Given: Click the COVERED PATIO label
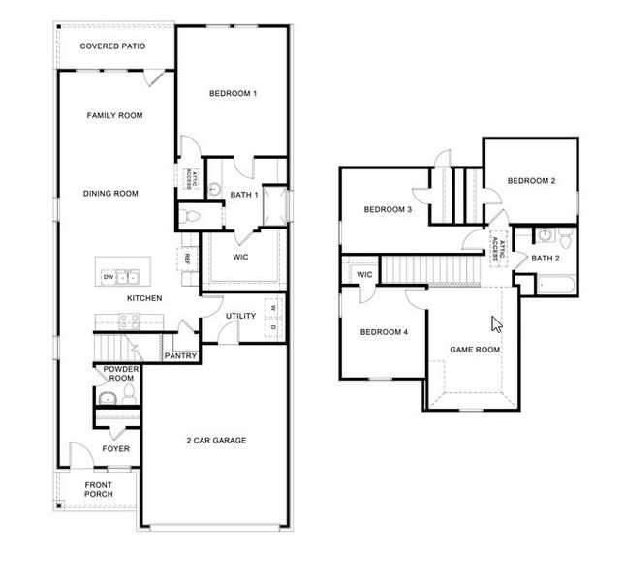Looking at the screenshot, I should click(114, 46).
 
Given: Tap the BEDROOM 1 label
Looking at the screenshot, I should click(234, 93).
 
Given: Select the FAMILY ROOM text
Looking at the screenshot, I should click(114, 115).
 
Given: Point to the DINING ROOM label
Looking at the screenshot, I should click(110, 194).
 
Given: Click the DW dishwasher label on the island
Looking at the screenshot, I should click(108, 278).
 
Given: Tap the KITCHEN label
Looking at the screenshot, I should click(144, 298).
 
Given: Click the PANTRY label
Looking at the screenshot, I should click(180, 355).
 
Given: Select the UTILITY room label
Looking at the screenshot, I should click(240, 317).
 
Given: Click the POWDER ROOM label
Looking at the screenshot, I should click(116, 374).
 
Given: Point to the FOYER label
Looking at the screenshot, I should click(116, 448).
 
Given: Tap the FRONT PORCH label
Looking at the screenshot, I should click(97, 489).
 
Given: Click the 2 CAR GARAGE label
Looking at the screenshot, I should click(216, 441).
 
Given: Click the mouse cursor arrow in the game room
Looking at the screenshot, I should click(497, 323).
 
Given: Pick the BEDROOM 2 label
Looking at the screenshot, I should click(531, 180).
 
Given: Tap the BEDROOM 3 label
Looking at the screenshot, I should click(388, 210).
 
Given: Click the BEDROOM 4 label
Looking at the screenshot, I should click(384, 332).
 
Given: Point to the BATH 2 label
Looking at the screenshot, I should click(545, 258).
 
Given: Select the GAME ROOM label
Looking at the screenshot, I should click(475, 350).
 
